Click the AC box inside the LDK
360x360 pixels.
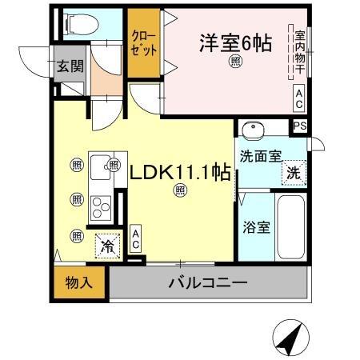tap(135, 238)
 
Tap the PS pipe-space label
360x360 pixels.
tap(299, 126)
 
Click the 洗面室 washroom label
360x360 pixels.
tap(258, 156)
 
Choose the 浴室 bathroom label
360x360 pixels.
tap(254, 226)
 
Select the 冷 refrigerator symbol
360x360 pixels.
tap(106, 246)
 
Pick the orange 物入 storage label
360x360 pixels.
tap(79, 283)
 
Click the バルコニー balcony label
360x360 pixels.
tap(207, 283)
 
